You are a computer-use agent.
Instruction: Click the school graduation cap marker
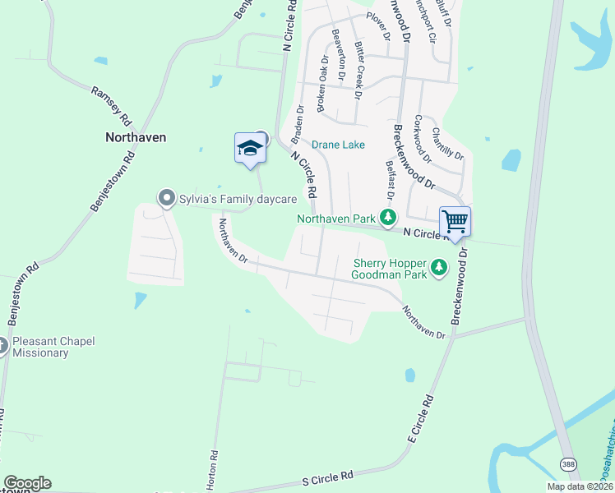(x=250, y=149)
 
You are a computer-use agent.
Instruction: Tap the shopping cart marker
(x=455, y=222)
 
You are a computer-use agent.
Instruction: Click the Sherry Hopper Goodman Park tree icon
(x=440, y=266)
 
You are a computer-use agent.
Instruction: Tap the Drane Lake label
(x=338, y=145)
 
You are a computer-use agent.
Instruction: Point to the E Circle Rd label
(x=420, y=422)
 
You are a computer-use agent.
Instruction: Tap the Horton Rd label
(x=212, y=471)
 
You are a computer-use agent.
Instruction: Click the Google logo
(x=27, y=483)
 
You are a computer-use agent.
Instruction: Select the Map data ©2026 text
(x=579, y=486)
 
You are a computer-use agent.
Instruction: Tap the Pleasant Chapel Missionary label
(x=52, y=347)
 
